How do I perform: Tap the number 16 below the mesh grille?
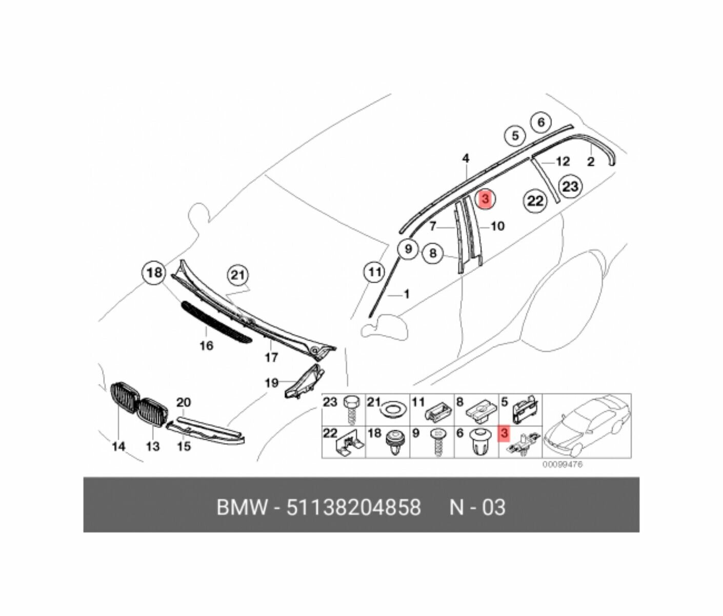click(206, 346)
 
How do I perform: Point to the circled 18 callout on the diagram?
click(154, 273)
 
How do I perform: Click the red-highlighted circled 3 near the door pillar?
click(485, 199)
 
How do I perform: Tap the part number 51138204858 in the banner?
click(353, 507)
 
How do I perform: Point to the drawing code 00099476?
click(563, 465)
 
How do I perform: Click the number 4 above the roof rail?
click(466, 159)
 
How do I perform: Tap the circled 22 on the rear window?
click(535, 201)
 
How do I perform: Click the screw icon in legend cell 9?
click(438, 442)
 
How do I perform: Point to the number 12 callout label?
click(563, 162)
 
